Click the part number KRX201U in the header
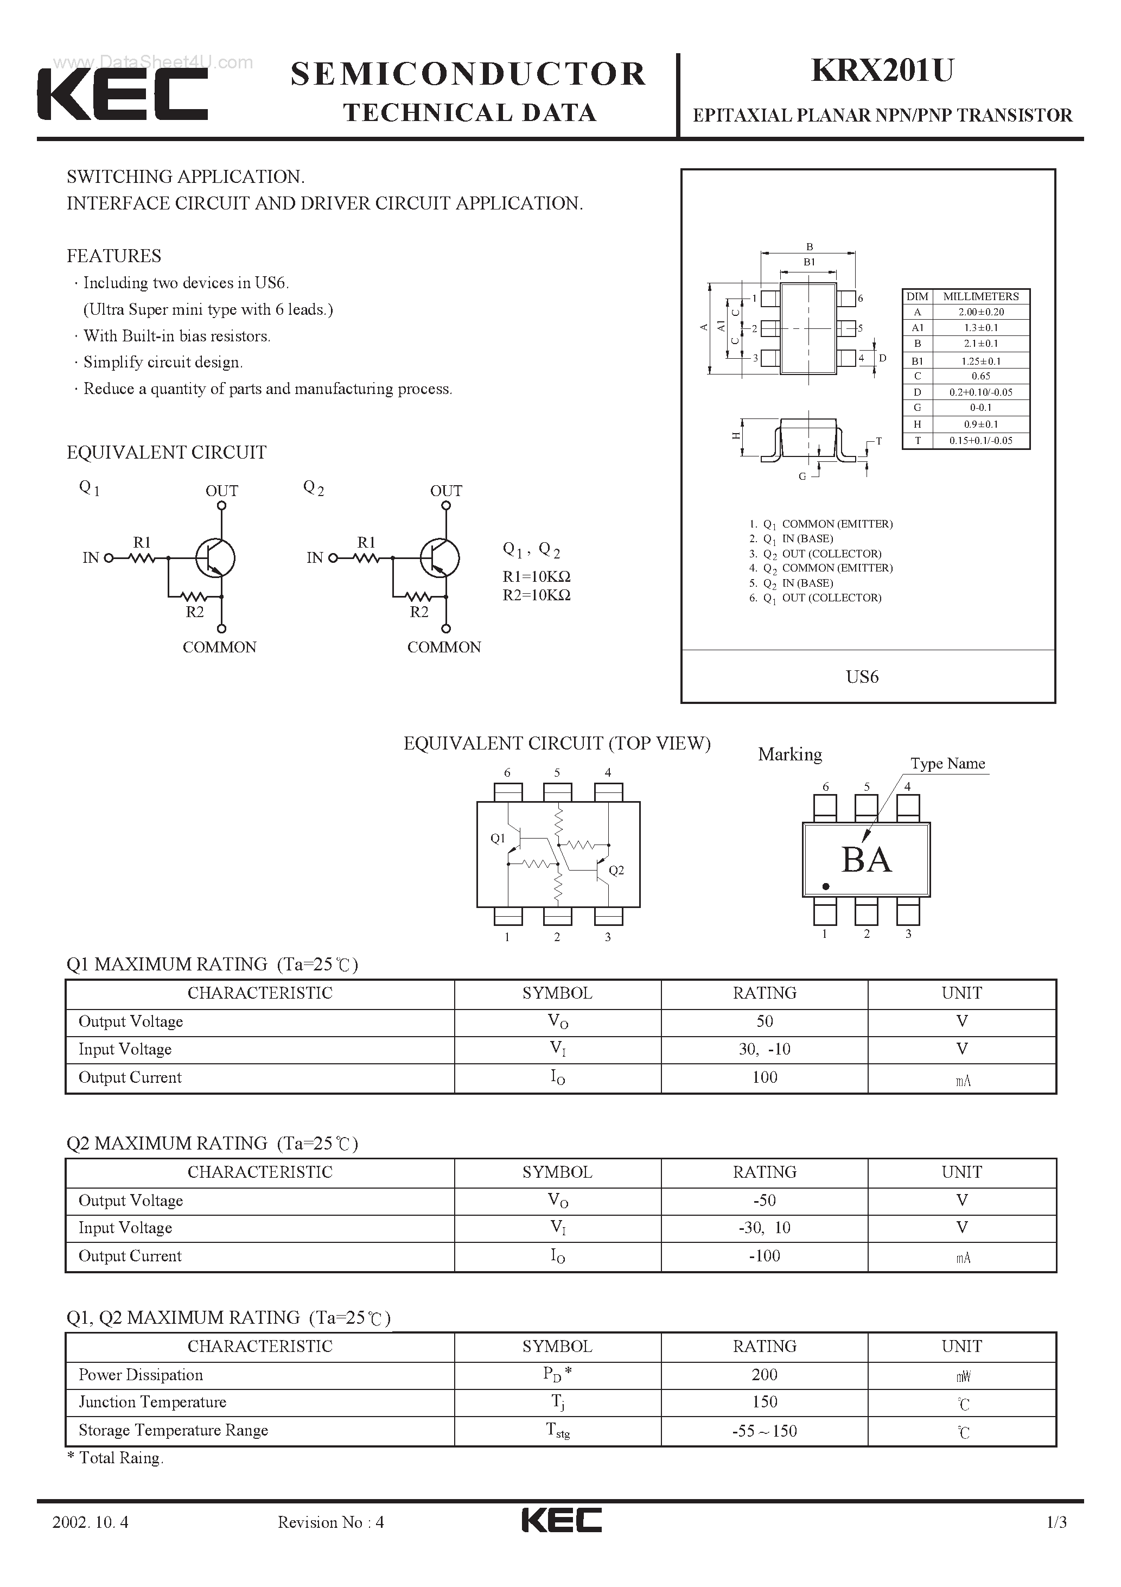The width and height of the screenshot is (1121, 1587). click(882, 71)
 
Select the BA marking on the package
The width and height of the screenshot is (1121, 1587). click(866, 860)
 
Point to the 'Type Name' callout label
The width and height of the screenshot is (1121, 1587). click(947, 763)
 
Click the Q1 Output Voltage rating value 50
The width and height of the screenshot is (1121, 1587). click(765, 1021)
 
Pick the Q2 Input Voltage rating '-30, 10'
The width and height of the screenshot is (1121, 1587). click(765, 1228)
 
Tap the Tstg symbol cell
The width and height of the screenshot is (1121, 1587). click(557, 1430)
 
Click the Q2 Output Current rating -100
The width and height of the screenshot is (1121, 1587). click(765, 1256)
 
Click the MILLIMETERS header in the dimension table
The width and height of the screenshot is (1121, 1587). click(980, 296)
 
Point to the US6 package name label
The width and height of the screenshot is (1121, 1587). click(862, 677)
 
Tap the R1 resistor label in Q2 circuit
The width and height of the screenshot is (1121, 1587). click(366, 543)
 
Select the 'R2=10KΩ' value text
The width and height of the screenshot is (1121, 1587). click(536, 595)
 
